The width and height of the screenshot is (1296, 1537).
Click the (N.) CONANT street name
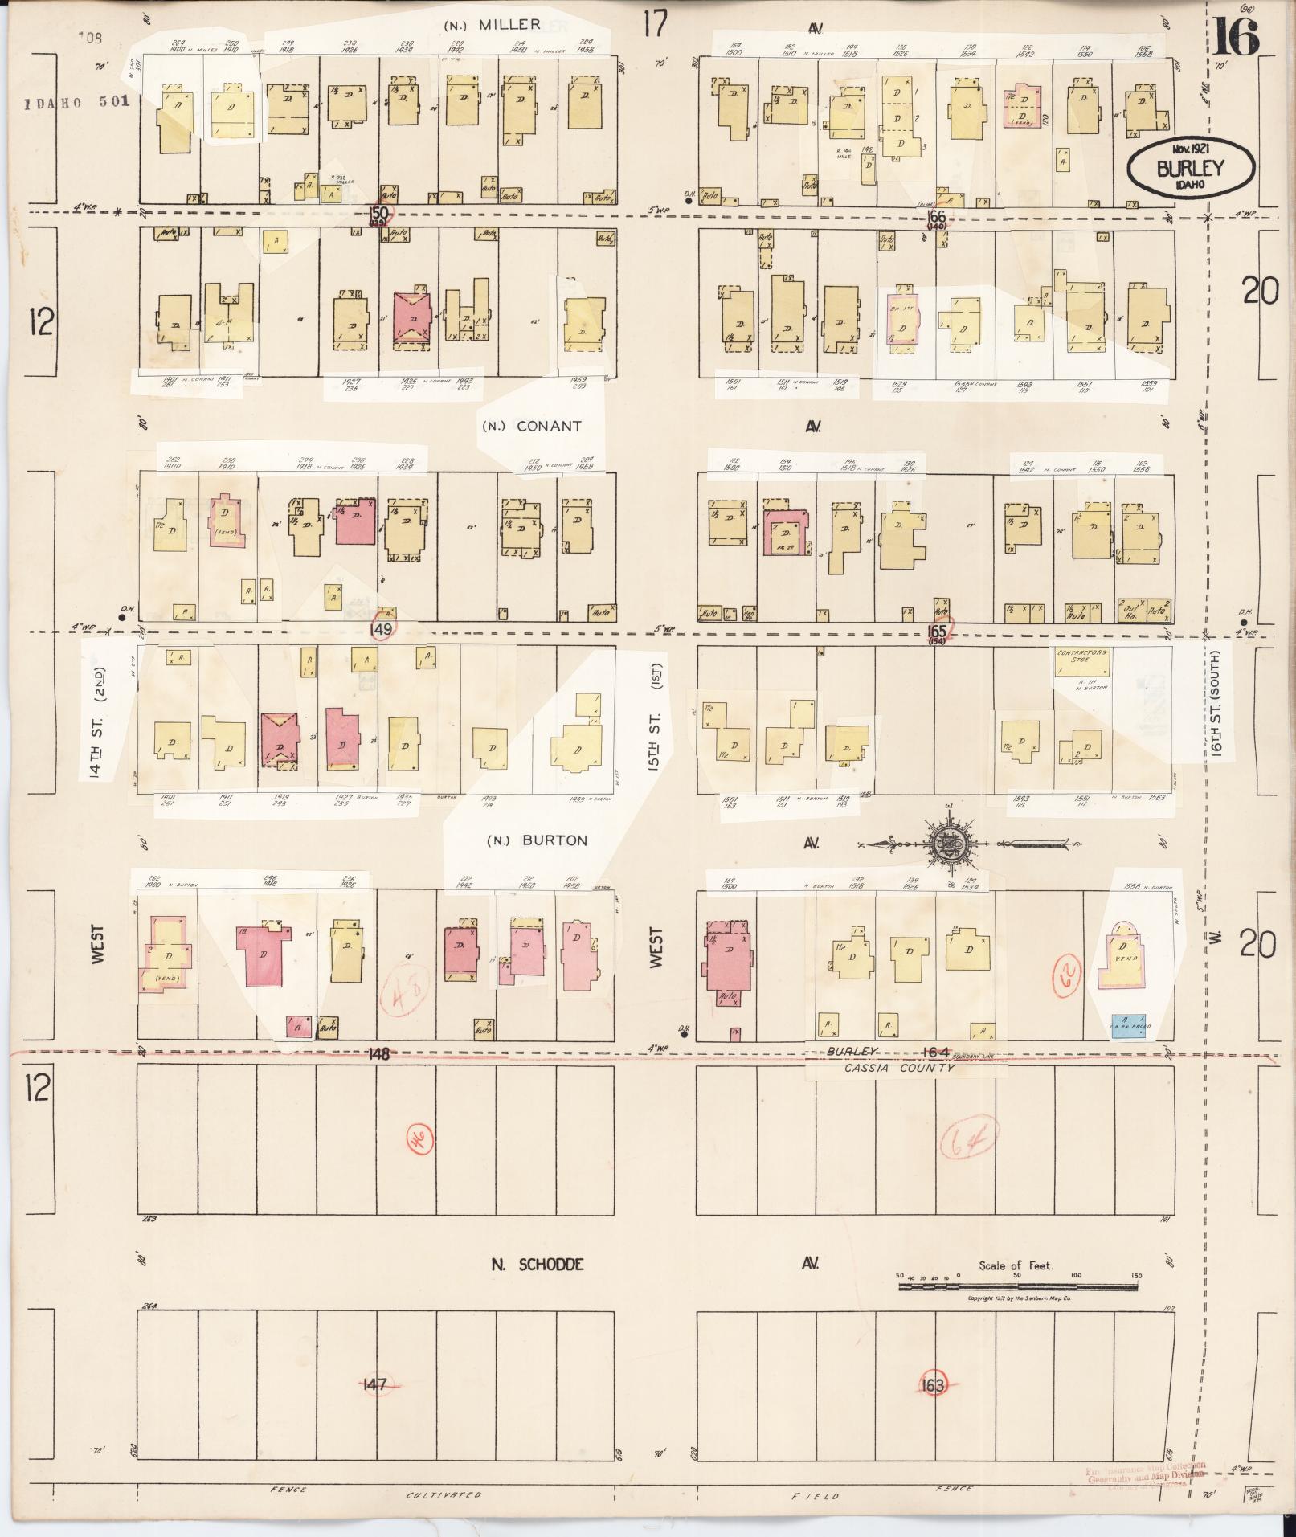point(531,426)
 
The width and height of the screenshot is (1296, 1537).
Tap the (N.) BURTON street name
point(537,841)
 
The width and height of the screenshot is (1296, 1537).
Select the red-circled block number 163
point(933,1384)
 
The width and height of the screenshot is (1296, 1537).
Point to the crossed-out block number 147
point(374,1384)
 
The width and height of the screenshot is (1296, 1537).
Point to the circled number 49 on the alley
point(382,629)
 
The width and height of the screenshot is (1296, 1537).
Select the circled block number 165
point(937,632)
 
